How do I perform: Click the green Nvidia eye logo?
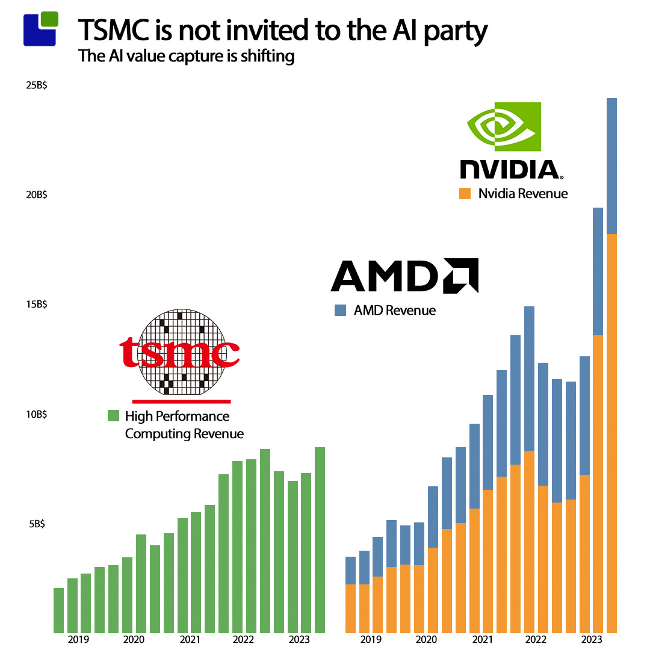click(504, 126)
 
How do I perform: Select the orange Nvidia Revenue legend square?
click(464, 193)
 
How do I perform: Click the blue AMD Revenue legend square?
click(341, 311)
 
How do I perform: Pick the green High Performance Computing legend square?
click(113, 416)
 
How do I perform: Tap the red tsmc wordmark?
click(179, 353)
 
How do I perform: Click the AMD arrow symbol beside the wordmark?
click(461, 276)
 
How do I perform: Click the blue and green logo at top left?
click(41, 28)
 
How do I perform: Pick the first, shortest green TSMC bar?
click(58, 610)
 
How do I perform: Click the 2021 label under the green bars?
click(190, 640)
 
